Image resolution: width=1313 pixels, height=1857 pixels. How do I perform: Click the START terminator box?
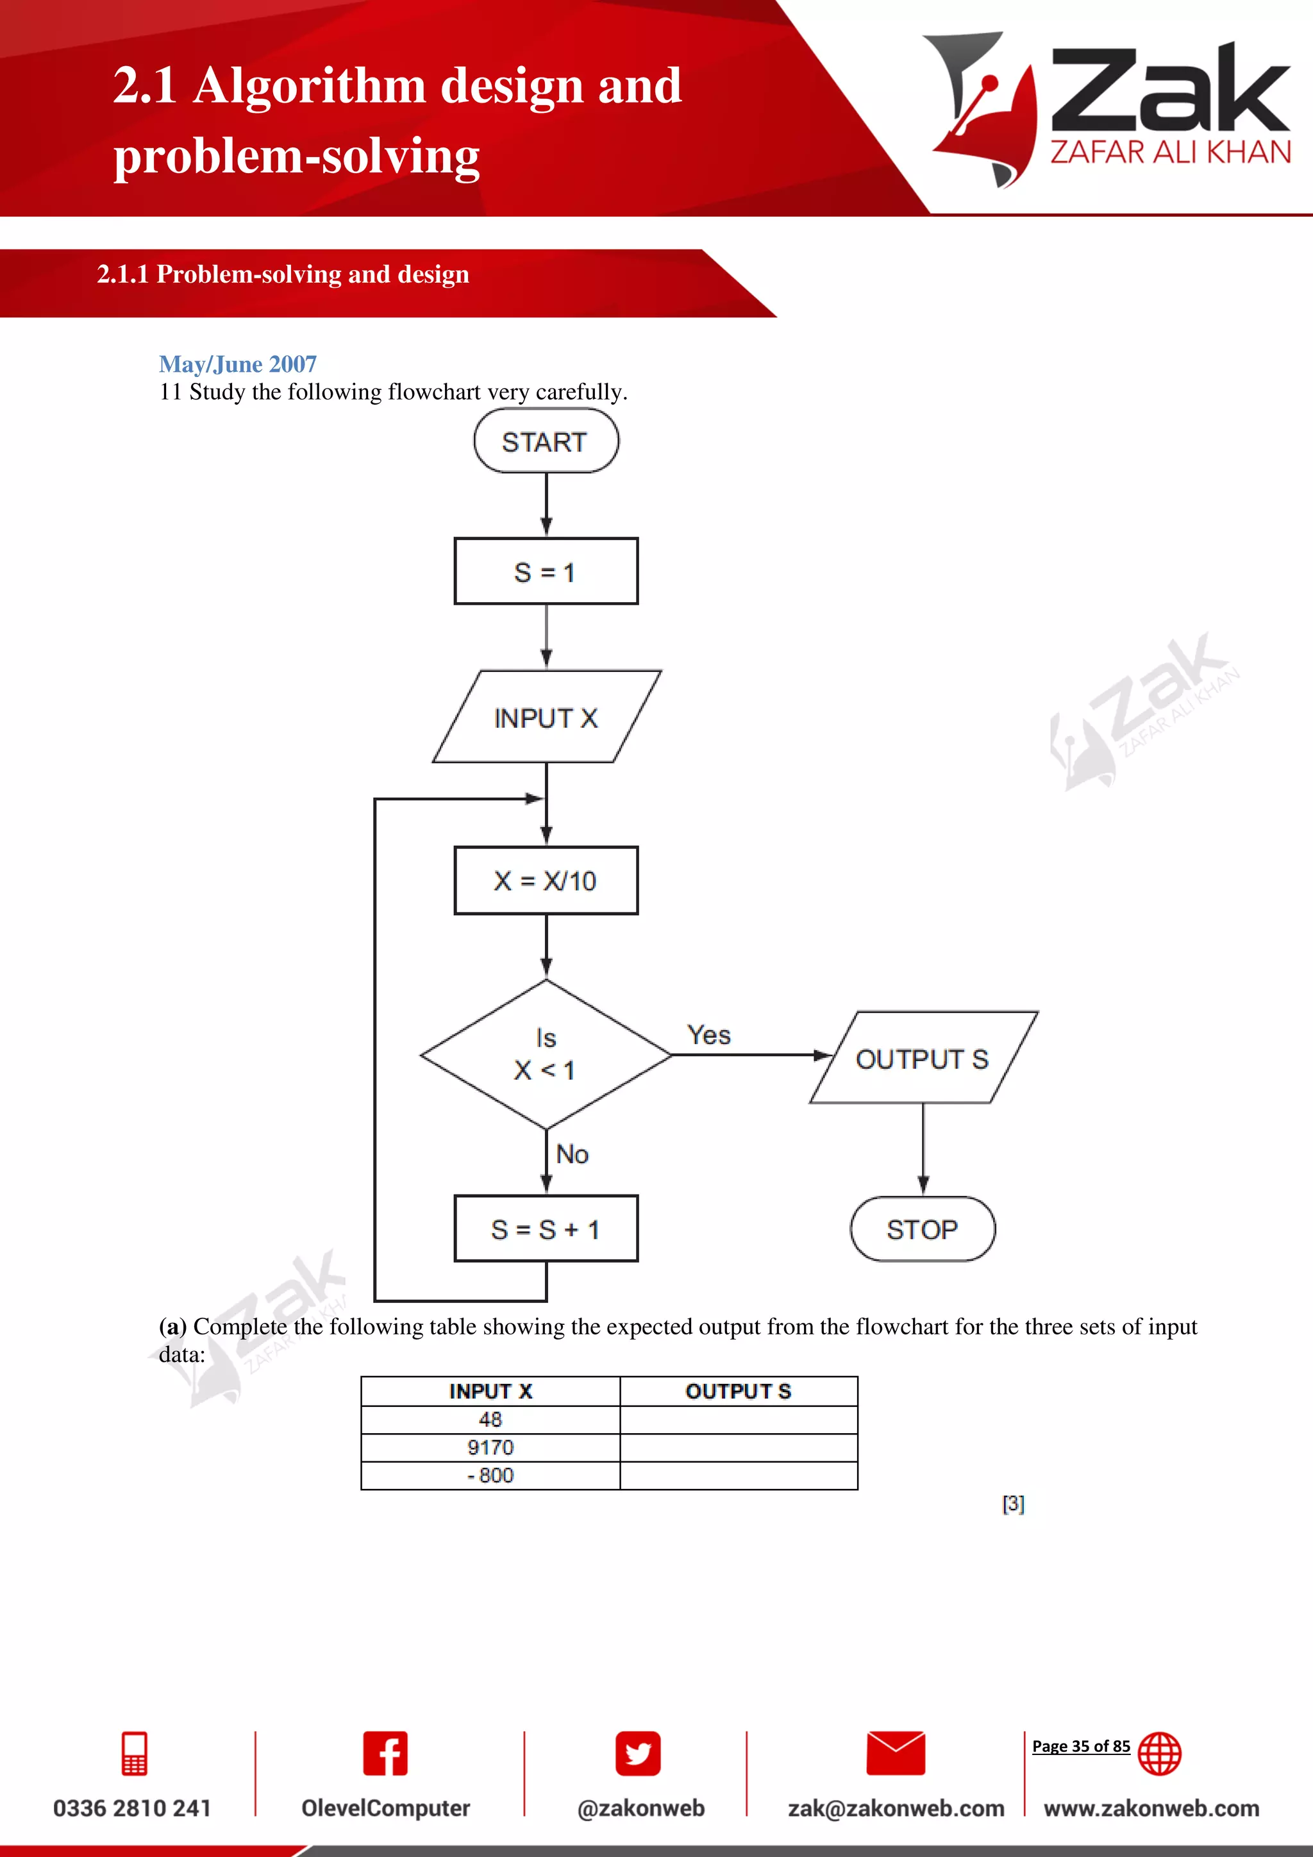tap(546, 442)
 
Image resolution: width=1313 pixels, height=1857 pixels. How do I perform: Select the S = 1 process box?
tap(546, 572)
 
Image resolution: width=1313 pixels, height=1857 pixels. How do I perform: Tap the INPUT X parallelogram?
tap(546, 718)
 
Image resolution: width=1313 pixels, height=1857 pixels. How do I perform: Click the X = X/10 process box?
tap(546, 881)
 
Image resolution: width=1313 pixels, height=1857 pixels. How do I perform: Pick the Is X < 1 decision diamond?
tap(546, 1055)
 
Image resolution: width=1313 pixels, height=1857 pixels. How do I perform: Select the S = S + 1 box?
tap(546, 1229)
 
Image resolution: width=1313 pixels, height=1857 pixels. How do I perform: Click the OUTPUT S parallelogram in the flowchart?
tap(923, 1059)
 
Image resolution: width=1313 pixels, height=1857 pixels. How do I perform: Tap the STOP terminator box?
tap(923, 1229)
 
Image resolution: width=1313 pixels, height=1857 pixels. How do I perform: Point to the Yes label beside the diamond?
tap(709, 1035)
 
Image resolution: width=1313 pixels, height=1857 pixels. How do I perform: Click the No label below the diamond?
tap(573, 1154)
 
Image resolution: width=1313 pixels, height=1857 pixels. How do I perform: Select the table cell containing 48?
tap(490, 1420)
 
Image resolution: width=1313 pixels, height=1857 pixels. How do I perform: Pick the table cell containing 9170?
tap(490, 1448)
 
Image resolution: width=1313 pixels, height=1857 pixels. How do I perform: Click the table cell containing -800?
tap(490, 1475)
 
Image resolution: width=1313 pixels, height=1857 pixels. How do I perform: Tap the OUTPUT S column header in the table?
tap(738, 1391)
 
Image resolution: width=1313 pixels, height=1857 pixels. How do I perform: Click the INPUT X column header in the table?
tap(490, 1391)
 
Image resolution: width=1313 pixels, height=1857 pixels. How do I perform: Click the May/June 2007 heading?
tap(238, 364)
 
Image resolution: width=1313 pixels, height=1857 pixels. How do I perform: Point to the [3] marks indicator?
tap(1013, 1504)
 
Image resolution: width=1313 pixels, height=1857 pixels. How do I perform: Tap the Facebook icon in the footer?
tap(385, 1754)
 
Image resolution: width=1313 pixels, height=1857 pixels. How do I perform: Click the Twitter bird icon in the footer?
tap(638, 1754)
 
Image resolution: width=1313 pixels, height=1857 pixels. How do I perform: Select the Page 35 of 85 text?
tap(1081, 1746)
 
